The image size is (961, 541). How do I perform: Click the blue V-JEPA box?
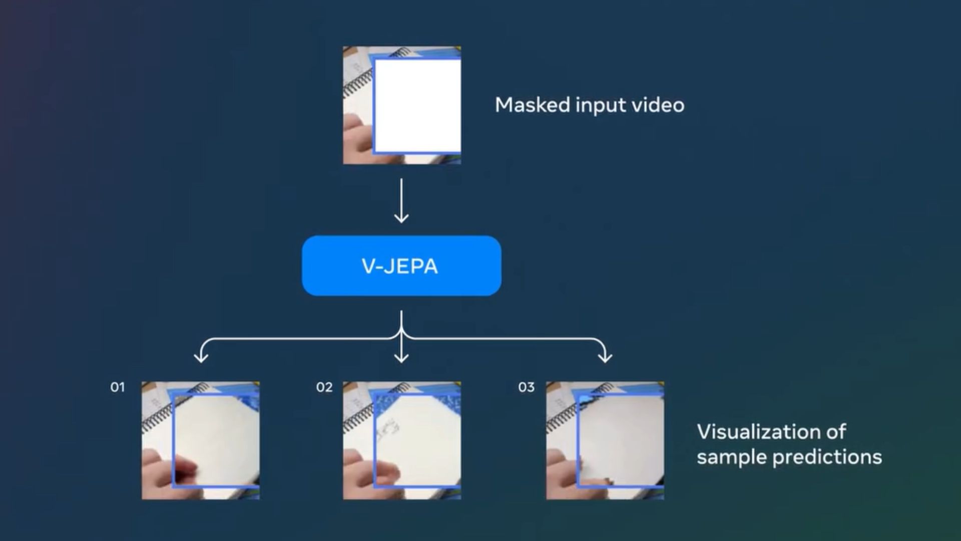[x=401, y=265]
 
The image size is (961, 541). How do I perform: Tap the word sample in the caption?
[x=732, y=457]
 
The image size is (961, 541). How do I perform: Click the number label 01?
[x=117, y=387]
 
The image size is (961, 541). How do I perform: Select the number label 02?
[x=324, y=387]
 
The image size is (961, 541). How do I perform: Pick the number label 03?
[x=526, y=387]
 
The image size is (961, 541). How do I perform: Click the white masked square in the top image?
[x=417, y=106]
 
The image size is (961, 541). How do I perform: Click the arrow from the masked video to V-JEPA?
[x=401, y=200]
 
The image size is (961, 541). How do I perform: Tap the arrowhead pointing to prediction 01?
[x=201, y=357]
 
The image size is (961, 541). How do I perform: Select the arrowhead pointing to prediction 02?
[x=401, y=357]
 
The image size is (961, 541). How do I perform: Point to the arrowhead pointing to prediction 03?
[x=605, y=357]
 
